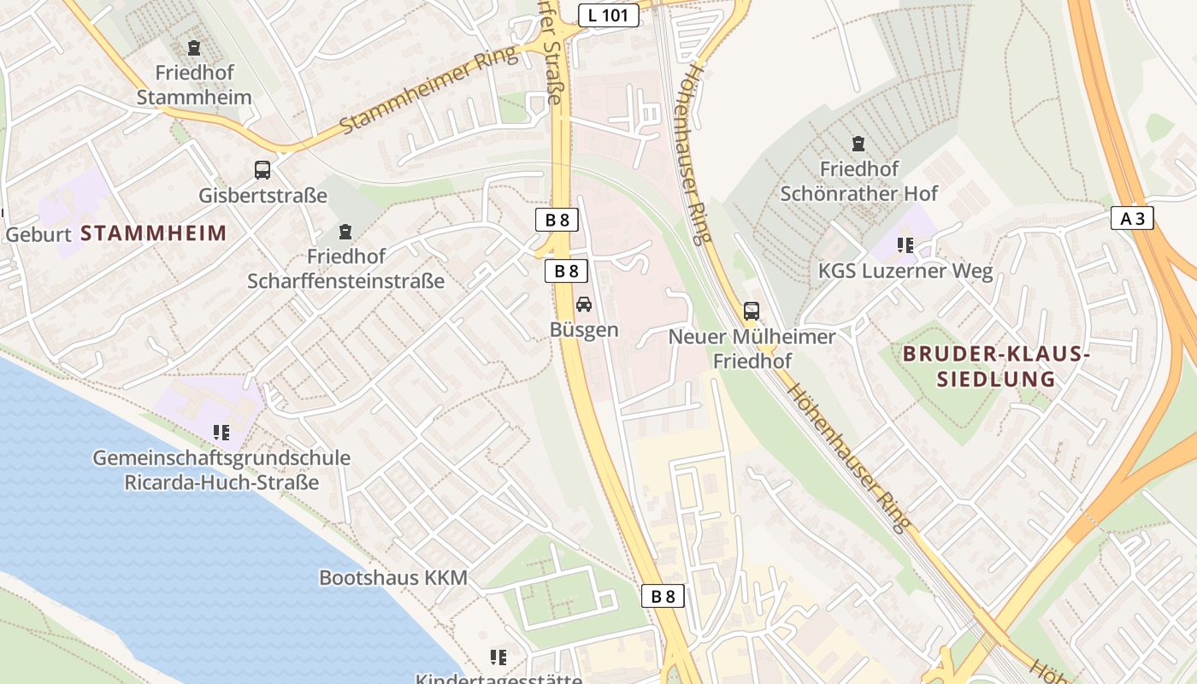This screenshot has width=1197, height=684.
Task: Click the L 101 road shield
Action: coord(608,15)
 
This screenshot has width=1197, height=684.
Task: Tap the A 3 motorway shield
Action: coord(1132,219)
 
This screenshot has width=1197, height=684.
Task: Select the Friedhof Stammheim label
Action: coord(194,85)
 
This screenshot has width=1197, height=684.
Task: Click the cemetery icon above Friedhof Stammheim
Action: coord(194,48)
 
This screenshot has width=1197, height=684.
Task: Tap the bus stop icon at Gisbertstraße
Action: coord(262,170)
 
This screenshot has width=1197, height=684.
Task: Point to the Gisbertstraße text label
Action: coord(262,196)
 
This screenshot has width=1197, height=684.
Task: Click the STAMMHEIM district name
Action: coord(154,233)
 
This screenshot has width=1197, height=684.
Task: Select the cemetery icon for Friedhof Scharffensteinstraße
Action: coord(345,232)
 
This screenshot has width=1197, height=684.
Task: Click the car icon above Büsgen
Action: coord(584,304)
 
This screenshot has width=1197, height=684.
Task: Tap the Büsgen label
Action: coord(584,330)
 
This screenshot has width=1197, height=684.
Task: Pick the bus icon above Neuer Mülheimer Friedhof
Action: coord(752,311)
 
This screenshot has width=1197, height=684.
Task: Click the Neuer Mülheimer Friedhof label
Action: coord(752,349)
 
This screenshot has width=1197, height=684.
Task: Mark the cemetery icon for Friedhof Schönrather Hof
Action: coord(858,144)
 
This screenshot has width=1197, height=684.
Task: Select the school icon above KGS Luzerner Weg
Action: coord(905,246)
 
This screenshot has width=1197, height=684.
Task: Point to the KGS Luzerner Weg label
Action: coord(905,272)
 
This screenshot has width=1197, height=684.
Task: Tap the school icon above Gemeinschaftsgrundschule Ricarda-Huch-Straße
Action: coord(221,433)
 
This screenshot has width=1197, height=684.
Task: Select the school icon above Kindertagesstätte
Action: coord(498,657)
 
